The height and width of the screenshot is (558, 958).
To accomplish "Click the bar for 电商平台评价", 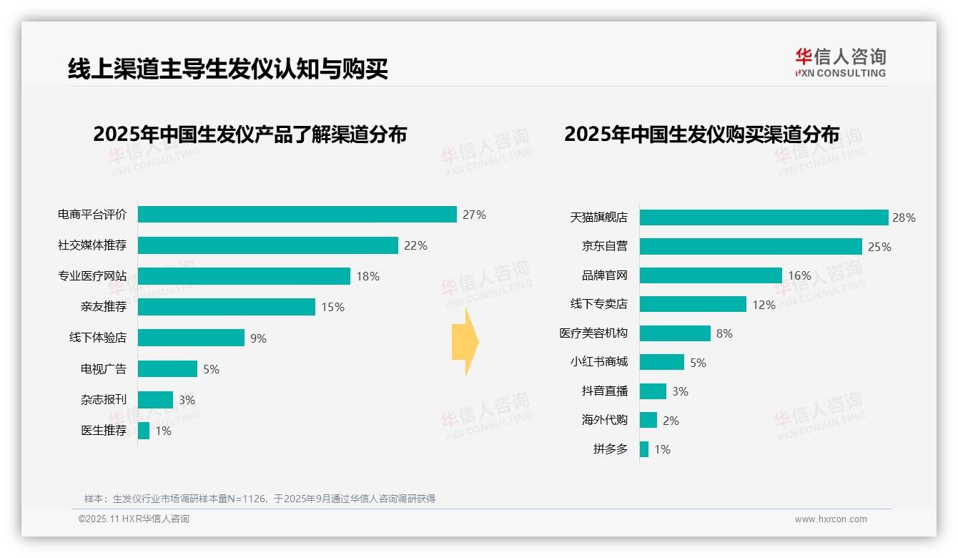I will pyautogui.click(x=297, y=215).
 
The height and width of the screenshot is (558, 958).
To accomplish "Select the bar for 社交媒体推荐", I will pyautogui.click(x=267, y=245).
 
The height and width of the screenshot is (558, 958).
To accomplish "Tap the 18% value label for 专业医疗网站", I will pyautogui.click(x=367, y=276).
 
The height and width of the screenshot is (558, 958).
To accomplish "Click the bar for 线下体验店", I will pyautogui.click(x=191, y=338).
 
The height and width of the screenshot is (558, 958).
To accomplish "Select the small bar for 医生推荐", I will pyautogui.click(x=144, y=431).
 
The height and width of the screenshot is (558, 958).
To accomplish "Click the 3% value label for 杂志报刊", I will pyautogui.click(x=187, y=400).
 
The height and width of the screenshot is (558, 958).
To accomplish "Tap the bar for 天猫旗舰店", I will pyautogui.click(x=764, y=217).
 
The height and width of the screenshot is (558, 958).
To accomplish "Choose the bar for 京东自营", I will pyautogui.click(x=751, y=247).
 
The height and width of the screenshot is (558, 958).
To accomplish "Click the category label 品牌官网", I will pyautogui.click(x=604, y=275).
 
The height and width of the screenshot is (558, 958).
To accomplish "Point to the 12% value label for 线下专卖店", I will pyautogui.click(x=764, y=305).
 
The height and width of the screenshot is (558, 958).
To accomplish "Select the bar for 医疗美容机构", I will pyautogui.click(x=675, y=333).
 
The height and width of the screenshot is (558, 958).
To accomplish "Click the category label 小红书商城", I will pyautogui.click(x=598, y=362).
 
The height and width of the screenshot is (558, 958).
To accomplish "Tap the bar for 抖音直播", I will pyautogui.click(x=653, y=391).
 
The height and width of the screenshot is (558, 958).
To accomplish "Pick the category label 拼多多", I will pyautogui.click(x=610, y=449).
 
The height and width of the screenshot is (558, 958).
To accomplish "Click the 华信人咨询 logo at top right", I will pyautogui.click(x=840, y=63).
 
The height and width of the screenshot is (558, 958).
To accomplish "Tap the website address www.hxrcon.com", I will pyautogui.click(x=830, y=519).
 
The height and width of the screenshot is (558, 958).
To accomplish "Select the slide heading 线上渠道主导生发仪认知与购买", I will pyautogui.click(x=228, y=69).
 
